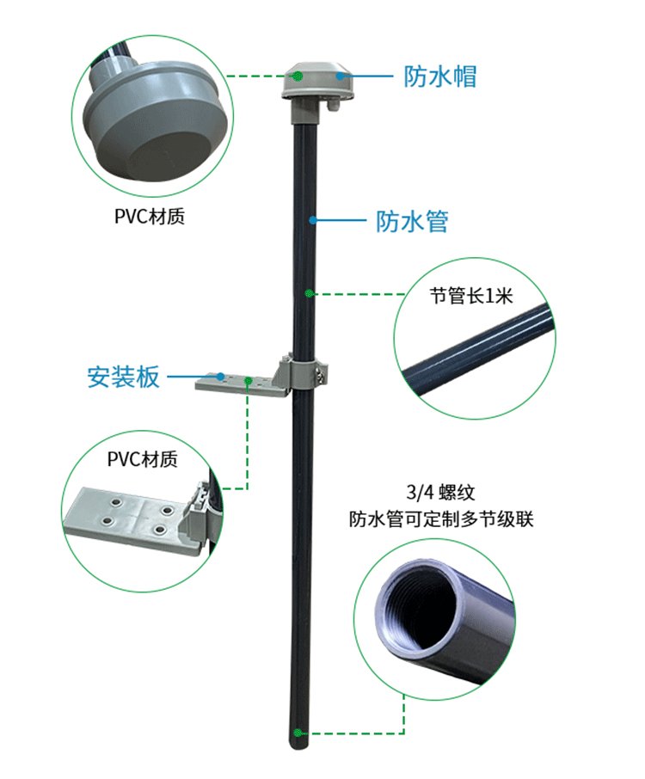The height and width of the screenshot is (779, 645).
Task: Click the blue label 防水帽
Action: pos(440,77)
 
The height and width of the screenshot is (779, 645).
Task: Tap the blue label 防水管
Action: pos(413,221)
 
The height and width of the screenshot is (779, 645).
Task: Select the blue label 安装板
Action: pos(124,377)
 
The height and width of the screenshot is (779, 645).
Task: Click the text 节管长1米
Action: pos(471,297)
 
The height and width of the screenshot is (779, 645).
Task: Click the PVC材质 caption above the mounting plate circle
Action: pos(143,460)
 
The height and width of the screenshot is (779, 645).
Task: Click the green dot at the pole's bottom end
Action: pos(298,733)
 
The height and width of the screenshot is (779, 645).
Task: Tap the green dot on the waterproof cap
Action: pos(297,76)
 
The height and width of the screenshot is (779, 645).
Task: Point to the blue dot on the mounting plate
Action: pos(221,376)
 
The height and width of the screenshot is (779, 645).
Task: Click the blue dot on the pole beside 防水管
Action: pos(314,220)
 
